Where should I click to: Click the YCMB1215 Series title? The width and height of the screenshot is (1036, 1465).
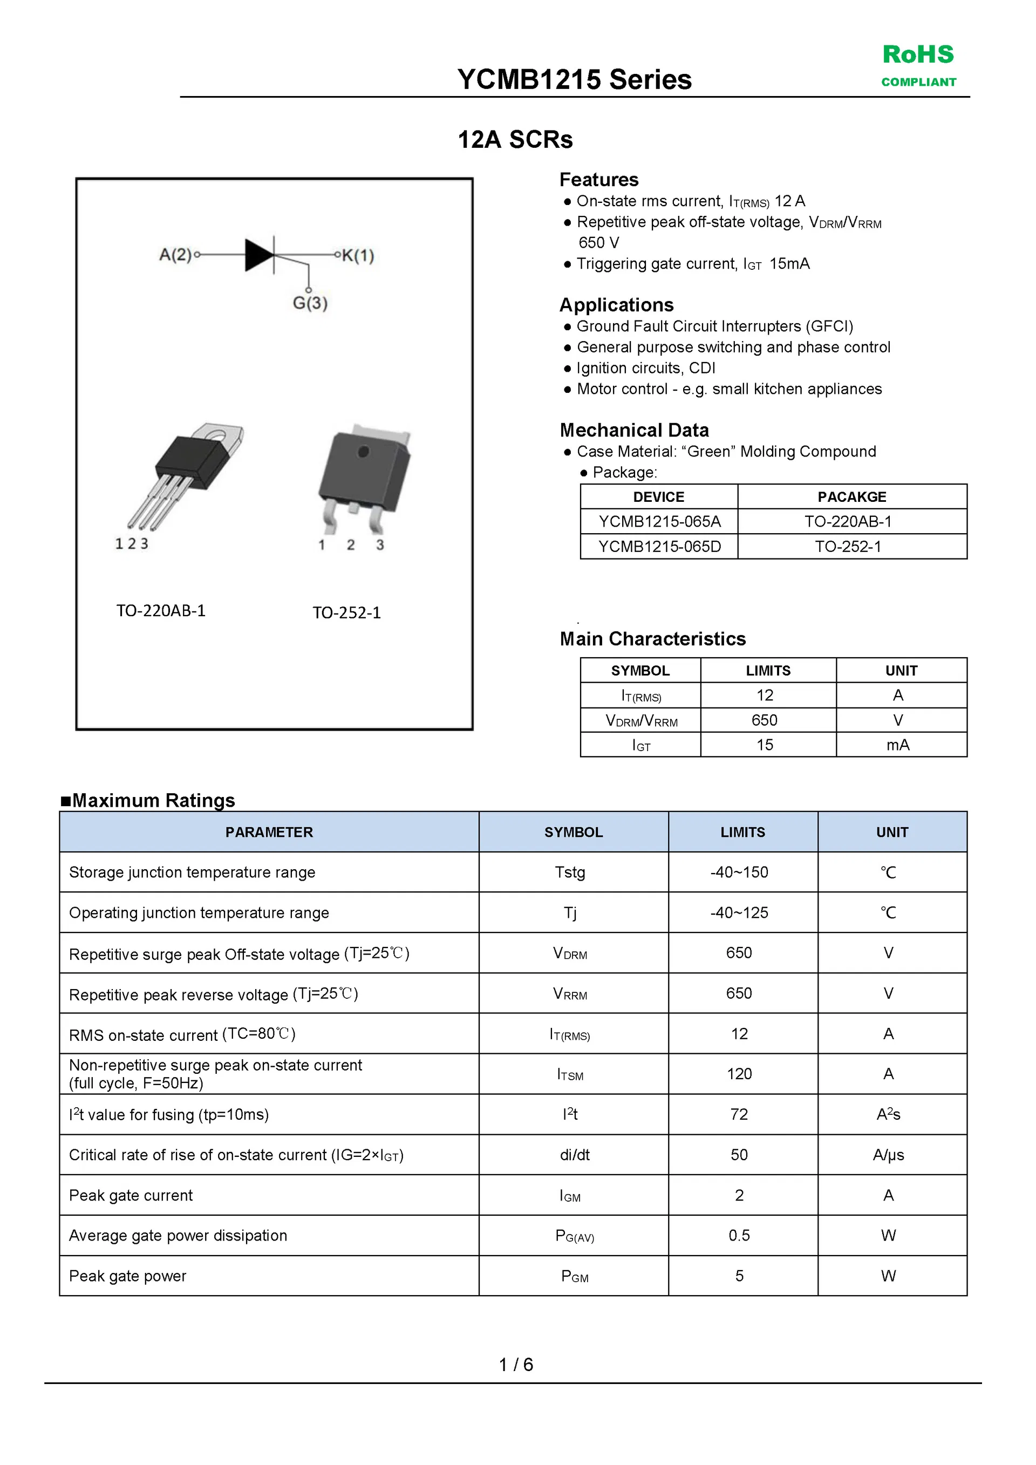pyautogui.click(x=574, y=80)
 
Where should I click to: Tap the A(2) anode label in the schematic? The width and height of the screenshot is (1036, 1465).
pyautogui.click(x=175, y=255)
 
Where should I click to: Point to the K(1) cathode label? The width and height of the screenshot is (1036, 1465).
pyautogui.click(x=358, y=255)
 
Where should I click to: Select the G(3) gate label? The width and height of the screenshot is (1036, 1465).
pyautogui.click(x=310, y=303)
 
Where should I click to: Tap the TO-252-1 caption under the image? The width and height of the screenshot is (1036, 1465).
pyautogui.click(x=346, y=612)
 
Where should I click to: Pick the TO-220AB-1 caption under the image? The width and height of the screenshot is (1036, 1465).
pyautogui.click(x=161, y=611)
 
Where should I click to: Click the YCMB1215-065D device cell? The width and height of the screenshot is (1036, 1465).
pyautogui.click(x=659, y=547)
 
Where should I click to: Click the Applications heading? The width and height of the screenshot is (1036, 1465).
pyautogui.click(x=616, y=305)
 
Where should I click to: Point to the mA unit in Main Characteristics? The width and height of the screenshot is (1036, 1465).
pyautogui.click(x=897, y=745)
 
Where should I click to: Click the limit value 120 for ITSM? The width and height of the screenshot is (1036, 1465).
pyautogui.click(x=739, y=1074)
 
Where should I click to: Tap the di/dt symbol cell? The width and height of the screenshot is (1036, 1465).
pyautogui.click(x=574, y=1155)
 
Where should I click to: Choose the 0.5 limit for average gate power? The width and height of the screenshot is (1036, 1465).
pyautogui.click(x=739, y=1235)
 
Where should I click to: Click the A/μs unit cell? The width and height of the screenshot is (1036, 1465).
pyautogui.click(x=888, y=1155)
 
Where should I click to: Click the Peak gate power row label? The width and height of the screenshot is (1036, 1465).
pyautogui.click(x=127, y=1276)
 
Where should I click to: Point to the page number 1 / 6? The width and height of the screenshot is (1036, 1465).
pyautogui.click(x=515, y=1365)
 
